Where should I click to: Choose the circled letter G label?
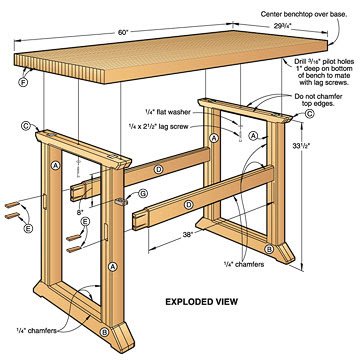point(144,193)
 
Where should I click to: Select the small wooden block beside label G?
point(124,199)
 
